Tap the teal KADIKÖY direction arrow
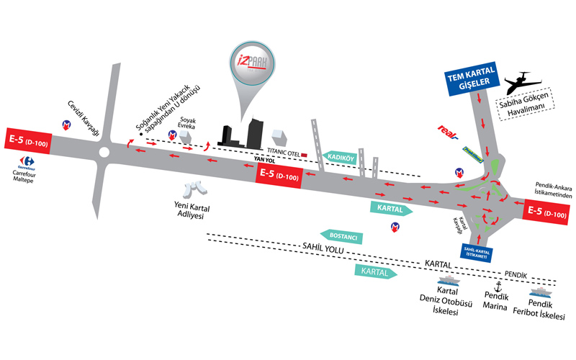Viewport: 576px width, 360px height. pyautogui.click(x=338, y=158)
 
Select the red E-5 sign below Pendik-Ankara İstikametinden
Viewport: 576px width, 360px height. pyautogui.click(x=546, y=212)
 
